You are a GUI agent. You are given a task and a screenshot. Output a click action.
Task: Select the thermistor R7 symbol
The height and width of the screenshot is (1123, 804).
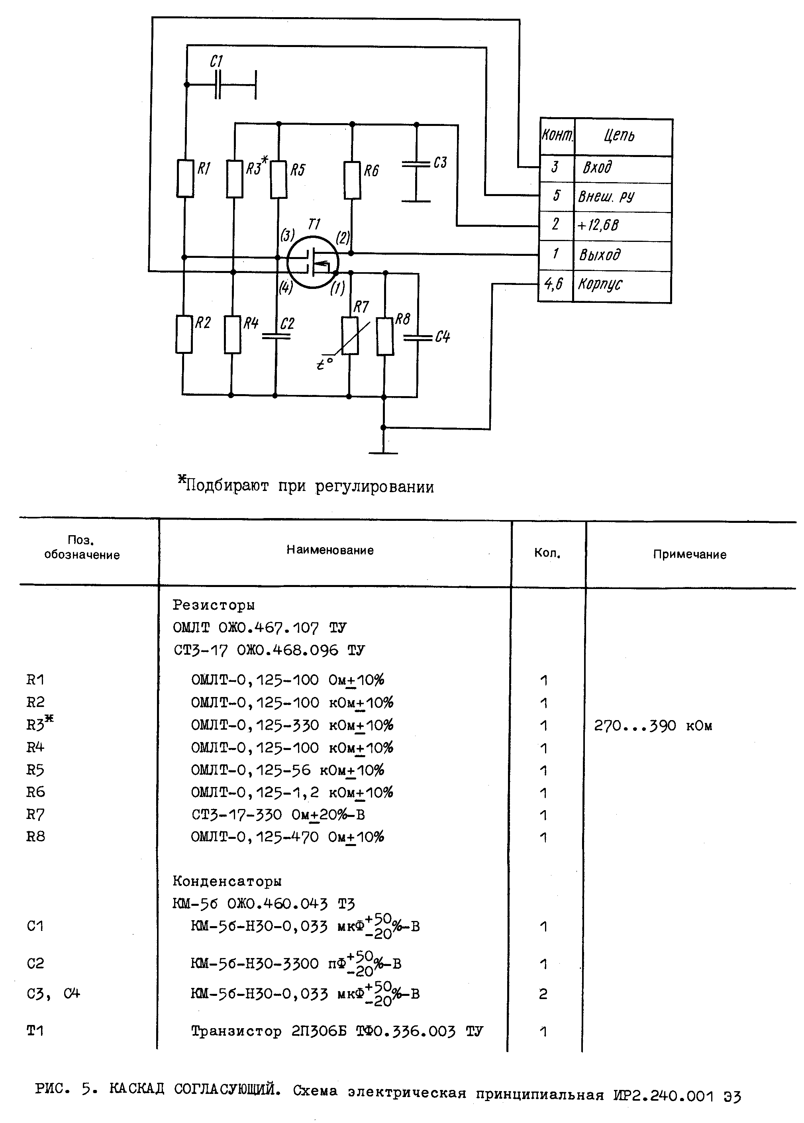[x=350, y=336]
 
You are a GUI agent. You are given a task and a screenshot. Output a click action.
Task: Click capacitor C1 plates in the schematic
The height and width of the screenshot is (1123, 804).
[x=218, y=84]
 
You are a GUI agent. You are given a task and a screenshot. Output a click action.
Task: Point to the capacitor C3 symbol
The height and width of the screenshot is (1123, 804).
[x=416, y=163]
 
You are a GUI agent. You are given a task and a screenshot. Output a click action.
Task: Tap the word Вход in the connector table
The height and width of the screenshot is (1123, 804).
[x=597, y=168]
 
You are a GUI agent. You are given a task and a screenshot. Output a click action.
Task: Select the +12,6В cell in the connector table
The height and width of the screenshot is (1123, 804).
[x=598, y=226]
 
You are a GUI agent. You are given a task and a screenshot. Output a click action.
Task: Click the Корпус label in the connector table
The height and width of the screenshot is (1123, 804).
[x=600, y=284]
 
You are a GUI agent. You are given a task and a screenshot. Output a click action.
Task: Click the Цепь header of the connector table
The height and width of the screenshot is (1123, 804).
[x=620, y=135]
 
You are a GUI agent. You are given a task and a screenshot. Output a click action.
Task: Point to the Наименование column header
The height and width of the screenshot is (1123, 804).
[x=330, y=550]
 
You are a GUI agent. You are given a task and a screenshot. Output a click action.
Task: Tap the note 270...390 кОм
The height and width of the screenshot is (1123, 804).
[x=653, y=726]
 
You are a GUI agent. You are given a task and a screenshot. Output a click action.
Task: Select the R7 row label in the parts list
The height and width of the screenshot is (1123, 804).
[x=35, y=815]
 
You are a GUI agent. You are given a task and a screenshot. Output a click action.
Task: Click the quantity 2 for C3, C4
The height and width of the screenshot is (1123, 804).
[x=543, y=994]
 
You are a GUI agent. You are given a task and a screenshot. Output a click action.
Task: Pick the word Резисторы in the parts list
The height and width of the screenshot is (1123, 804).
[x=214, y=605]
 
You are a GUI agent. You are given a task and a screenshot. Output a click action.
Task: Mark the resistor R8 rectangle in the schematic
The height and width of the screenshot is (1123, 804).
[x=385, y=337]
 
